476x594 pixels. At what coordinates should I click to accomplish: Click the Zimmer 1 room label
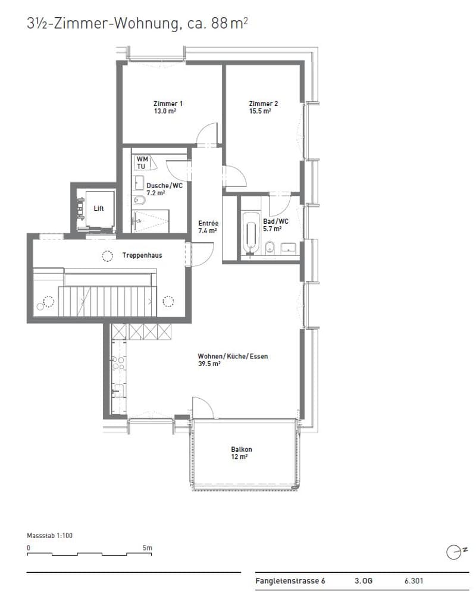click(168, 104)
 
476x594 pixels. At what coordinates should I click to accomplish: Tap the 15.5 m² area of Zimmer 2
click(260, 111)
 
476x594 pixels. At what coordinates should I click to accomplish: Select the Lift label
click(99, 208)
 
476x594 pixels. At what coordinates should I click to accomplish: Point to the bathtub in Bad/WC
click(250, 233)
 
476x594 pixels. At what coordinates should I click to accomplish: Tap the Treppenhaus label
click(142, 255)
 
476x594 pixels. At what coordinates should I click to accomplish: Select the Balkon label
click(242, 449)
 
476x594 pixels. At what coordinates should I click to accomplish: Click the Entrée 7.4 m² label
click(208, 227)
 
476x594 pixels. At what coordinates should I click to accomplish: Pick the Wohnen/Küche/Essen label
click(233, 357)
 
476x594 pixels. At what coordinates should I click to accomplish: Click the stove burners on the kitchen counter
click(118, 362)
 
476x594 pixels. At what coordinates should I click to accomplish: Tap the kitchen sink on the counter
click(118, 390)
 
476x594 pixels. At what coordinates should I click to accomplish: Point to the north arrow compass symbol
click(454, 552)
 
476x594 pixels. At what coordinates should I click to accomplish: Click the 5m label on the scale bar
click(148, 548)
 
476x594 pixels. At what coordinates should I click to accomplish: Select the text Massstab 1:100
click(49, 536)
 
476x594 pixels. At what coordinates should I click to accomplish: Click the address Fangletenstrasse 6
click(290, 581)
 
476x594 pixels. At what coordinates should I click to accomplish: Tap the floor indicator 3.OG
click(364, 581)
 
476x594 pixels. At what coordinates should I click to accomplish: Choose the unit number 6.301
click(414, 581)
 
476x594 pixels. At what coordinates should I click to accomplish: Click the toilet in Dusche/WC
click(139, 199)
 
